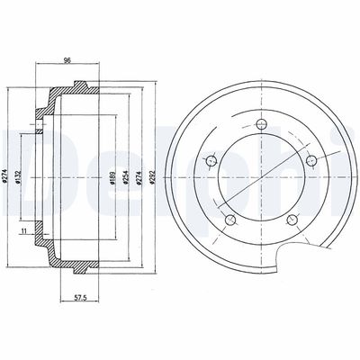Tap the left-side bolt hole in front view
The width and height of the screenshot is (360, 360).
tap(211, 161)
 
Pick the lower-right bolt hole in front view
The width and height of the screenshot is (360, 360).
tap(292, 219)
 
